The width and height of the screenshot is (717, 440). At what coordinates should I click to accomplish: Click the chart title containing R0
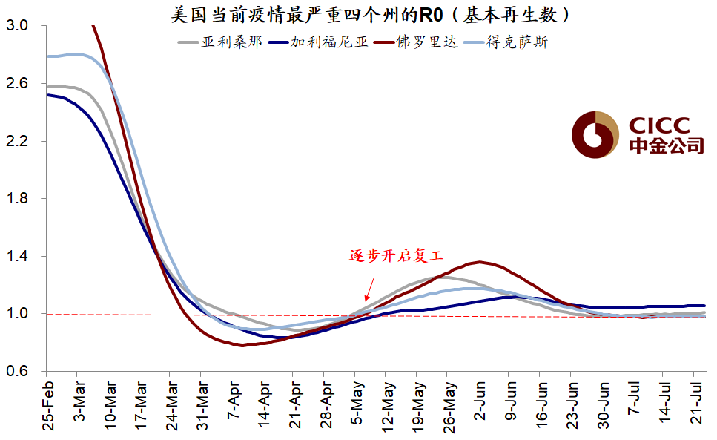click(x=371, y=14)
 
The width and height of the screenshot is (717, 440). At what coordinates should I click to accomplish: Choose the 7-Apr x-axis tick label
click(x=232, y=404)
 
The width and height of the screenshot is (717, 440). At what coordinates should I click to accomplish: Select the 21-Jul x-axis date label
click(x=696, y=404)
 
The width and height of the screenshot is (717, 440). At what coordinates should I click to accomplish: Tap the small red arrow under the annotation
click(x=369, y=289)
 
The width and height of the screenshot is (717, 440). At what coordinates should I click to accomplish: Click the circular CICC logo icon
click(x=595, y=134)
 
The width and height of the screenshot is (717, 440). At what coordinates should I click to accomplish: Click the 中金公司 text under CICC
click(x=665, y=145)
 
